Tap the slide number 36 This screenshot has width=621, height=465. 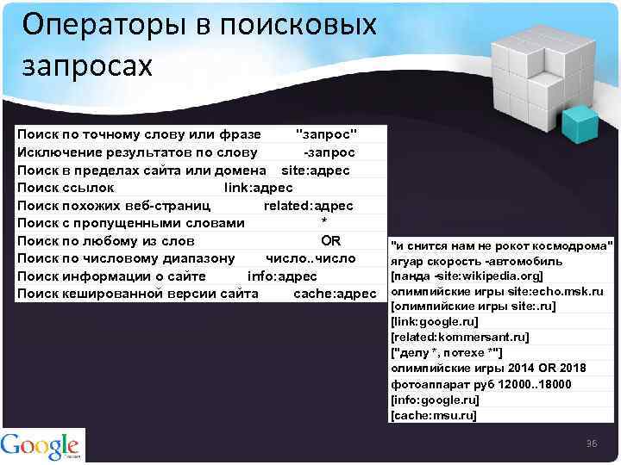pos(592,443)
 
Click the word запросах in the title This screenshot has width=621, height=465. pos(87,65)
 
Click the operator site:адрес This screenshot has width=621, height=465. pos(316,170)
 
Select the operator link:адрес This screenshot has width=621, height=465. pos(258,188)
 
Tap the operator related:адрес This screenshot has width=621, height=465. pos(308,206)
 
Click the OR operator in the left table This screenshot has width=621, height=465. pos(331,240)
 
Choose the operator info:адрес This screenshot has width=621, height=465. pos(282,276)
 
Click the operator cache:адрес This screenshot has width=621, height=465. pos(335,294)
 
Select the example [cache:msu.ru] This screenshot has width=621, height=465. pos(433,415)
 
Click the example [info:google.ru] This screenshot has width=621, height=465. pos(435,400)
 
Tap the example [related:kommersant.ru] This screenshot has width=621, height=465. pos(460,337)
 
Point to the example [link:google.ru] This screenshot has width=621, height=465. pos(433,322)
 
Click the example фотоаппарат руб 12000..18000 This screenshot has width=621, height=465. pos(480,384)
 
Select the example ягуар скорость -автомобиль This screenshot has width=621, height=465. pos(476,261)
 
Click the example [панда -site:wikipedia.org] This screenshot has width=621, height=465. pos(467,276)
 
